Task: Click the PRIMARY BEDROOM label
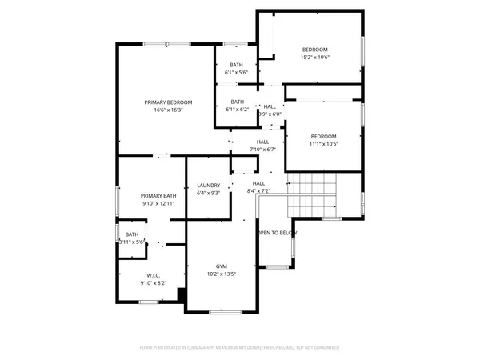(x=168, y=102)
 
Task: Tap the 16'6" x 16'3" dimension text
(x=168, y=110)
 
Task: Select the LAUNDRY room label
(x=208, y=186)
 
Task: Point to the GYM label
(x=222, y=266)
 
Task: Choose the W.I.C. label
(x=153, y=275)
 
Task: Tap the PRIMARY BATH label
(x=158, y=196)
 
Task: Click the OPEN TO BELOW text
(x=276, y=233)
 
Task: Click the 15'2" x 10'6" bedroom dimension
(x=315, y=57)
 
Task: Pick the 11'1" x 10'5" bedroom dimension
(x=323, y=144)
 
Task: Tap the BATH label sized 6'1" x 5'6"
(x=237, y=72)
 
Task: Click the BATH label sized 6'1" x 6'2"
(x=238, y=109)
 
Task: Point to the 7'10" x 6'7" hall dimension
(x=262, y=149)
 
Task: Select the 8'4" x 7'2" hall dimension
(x=258, y=190)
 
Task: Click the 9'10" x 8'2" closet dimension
(x=153, y=283)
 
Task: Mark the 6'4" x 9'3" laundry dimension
(x=208, y=193)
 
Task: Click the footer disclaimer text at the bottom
(x=239, y=348)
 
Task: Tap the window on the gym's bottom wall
(x=226, y=310)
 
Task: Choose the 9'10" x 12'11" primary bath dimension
(x=158, y=203)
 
